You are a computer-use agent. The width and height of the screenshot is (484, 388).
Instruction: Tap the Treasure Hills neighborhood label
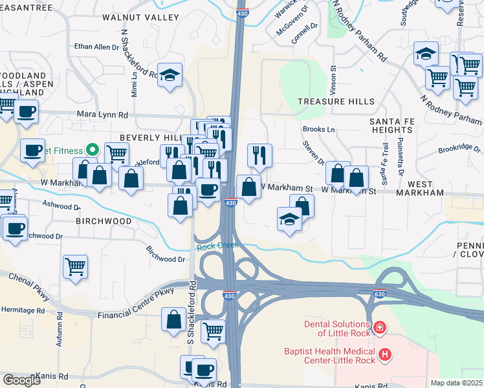coord(335,102)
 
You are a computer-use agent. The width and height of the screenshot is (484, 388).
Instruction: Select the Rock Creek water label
coord(218,246)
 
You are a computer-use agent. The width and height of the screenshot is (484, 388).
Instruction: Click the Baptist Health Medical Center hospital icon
coord(385,354)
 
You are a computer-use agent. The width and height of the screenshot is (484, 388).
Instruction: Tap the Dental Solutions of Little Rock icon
coord(379,328)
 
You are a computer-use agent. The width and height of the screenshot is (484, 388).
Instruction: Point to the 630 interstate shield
coord(379,294)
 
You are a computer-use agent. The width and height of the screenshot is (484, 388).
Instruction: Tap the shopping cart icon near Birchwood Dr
coord(76,265)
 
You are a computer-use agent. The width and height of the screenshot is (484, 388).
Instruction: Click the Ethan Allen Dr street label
coord(96,47)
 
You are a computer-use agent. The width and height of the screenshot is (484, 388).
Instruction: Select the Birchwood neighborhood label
coord(103,221)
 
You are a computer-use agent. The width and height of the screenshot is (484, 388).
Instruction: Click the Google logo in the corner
coord(21,380)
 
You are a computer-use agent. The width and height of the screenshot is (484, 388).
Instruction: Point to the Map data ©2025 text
coord(456,383)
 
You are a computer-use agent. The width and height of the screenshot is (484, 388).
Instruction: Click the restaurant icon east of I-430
coord(259,155)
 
